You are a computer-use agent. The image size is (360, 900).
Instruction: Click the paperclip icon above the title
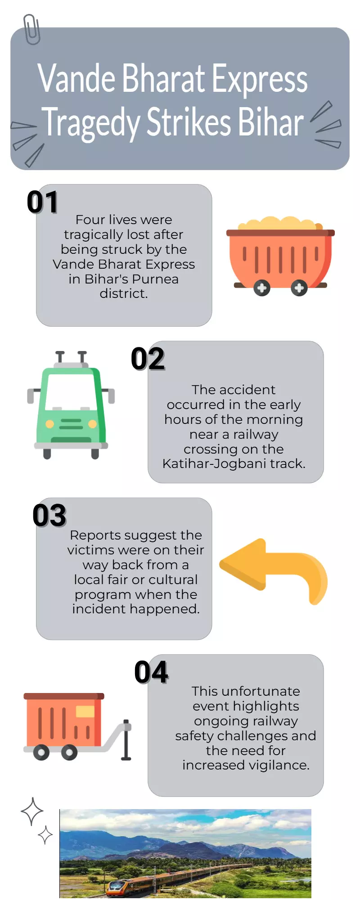[31, 29]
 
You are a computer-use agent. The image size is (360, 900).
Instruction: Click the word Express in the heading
[260, 79]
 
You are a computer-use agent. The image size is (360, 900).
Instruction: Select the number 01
[43, 202]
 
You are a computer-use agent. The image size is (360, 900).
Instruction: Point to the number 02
[148, 359]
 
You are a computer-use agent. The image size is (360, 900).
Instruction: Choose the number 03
[49, 515]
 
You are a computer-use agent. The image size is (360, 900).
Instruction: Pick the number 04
[152, 672]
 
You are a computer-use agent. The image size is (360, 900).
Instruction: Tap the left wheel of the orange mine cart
[261, 288]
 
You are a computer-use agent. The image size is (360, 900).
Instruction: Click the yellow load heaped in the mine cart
[279, 223]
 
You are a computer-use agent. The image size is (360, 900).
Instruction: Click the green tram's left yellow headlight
[50, 424]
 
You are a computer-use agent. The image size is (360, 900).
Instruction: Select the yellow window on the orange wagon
[85, 711]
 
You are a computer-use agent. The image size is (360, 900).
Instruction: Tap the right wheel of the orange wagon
[69, 752]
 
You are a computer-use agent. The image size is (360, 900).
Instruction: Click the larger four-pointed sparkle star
[32, 812]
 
